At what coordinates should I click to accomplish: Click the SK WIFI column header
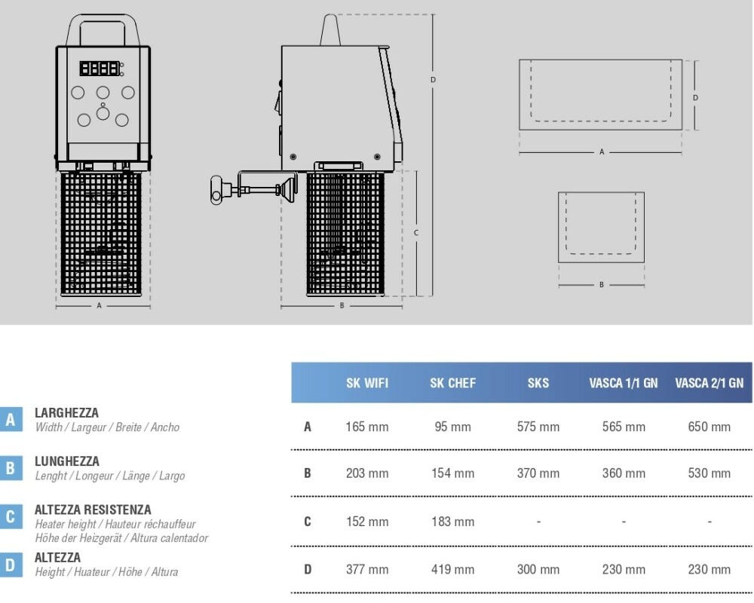(367, 383)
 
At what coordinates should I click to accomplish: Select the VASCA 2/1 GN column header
(709, 383)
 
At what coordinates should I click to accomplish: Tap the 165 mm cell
(367, 427)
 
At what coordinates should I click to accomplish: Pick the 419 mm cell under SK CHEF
(452, 569)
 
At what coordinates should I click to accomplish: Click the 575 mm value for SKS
(538, 427)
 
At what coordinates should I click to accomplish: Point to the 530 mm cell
(709, 473)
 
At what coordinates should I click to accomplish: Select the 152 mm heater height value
(367, 522)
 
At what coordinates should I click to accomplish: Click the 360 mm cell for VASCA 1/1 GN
(624, 473)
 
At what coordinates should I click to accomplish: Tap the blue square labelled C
(11, 516)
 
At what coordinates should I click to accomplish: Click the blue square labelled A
(11, 420)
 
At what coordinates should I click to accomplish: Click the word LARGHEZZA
(66, 412)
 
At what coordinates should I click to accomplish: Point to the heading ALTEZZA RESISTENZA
(93, 510)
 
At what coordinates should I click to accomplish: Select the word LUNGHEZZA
(67, 461)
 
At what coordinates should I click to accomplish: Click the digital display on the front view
(100, 69)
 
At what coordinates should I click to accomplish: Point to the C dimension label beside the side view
(416, 233)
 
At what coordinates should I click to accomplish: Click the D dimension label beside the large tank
(695, 98)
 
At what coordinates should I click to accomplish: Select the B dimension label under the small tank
(601, 285)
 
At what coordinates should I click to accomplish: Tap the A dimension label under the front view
(99, 305)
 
